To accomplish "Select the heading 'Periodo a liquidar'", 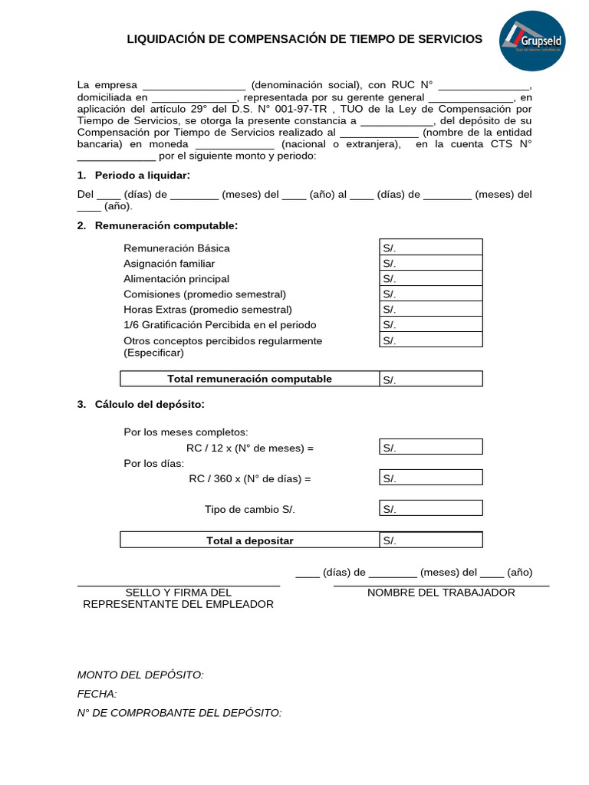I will tap(142, 176).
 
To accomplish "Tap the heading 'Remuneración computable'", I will tap(166, 225).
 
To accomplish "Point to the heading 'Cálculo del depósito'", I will tap(150, 404).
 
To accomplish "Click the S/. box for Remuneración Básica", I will tap(430, 247).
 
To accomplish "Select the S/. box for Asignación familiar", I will tap(430, 263).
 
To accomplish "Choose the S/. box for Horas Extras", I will tap(430, 309).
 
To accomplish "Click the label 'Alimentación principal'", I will tap(176, 278).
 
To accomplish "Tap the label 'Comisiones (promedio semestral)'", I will tap(205, 294).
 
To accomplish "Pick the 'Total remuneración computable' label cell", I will tap(249, 379).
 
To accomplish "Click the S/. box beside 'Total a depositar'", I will tap(430, 540).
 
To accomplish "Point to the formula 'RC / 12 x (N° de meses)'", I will tap(250, 448).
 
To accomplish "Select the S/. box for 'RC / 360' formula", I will tap(430, 478).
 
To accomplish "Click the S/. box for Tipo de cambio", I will tap(430, 509).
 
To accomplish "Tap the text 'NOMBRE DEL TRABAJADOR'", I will tap(441, 593).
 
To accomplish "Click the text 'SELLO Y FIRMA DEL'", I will tap(178, 593).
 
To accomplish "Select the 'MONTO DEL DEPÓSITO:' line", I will tap(140, 675).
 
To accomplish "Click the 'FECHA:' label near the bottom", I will tap(97, 694).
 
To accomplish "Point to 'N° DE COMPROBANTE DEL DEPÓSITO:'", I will tap(179, 713).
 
